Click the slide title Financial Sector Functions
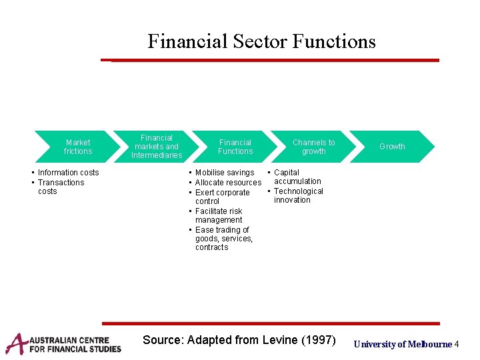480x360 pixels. point(261,41)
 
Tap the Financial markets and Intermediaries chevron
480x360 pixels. point(157,147)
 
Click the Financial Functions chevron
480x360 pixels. point(235,147)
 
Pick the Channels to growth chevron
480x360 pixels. point(313,147)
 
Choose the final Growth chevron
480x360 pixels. point(392,147)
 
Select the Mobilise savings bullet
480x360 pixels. point(225,173)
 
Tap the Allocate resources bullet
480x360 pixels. point(228,183)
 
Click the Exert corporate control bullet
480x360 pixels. point(222,197)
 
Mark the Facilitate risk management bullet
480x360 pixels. point(219,215)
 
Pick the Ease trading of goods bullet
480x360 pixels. point(224,239)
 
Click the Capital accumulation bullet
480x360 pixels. point(297,177)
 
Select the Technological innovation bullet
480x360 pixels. point(298,195)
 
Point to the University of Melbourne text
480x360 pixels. point(403,344)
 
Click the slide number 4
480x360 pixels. point(457,344)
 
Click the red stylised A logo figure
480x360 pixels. point(15,343)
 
